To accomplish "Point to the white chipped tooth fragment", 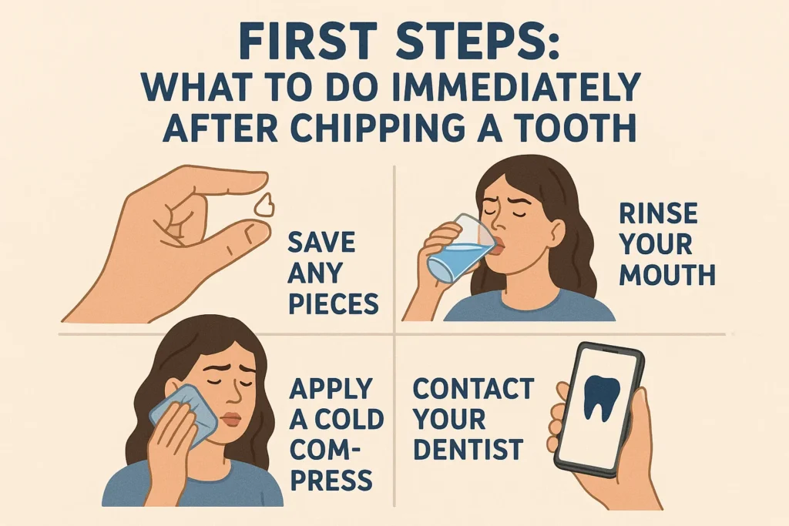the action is click(264, 205).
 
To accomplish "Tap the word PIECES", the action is click(333, 303).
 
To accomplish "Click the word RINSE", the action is click(658, 214).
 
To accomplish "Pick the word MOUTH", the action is click(667, 275).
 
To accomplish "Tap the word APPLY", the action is click(331, 389).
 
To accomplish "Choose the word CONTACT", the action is click(474, 388).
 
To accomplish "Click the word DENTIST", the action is click(468, 448).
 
